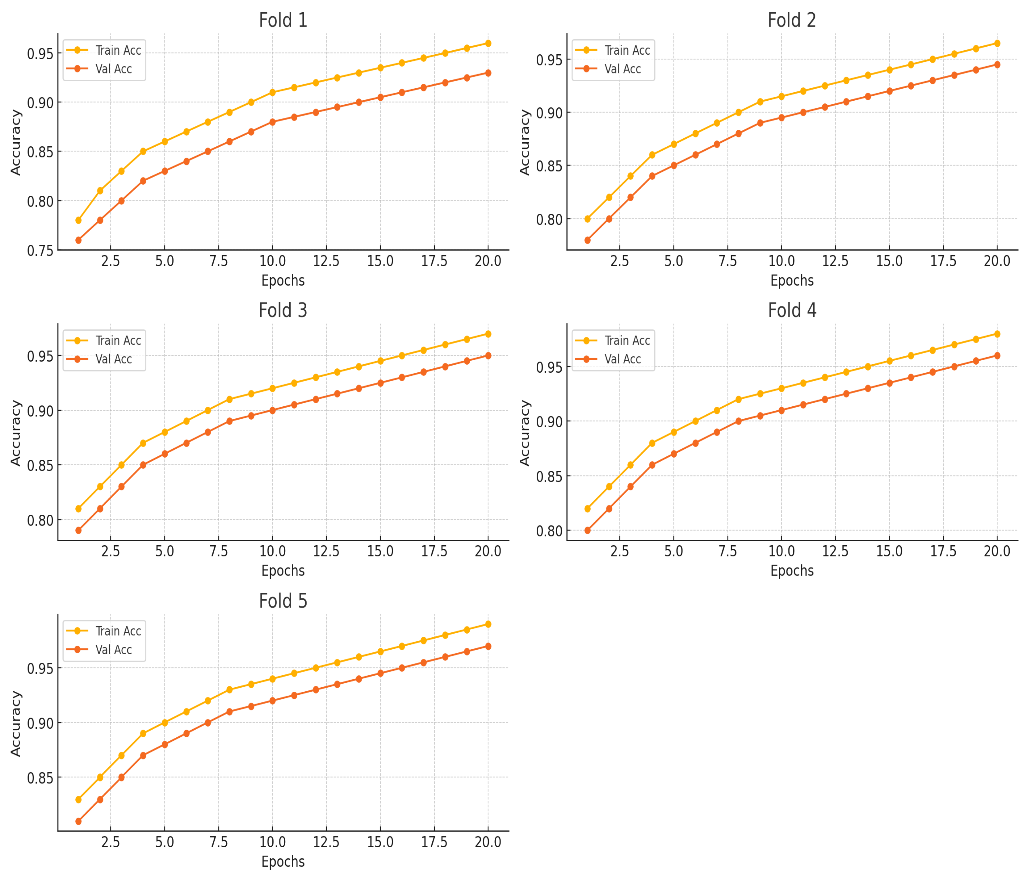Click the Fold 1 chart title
point(283,20)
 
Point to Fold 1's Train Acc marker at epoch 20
point(488,44)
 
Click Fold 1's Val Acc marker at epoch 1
point(78,240)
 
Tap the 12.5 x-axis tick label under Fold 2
point(835,261)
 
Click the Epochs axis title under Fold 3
point(283,571)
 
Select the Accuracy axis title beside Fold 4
point(524,433)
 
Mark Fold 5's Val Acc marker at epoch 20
point(488,646)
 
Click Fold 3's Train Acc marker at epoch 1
point(78,509)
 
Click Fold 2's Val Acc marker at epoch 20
point(997,65)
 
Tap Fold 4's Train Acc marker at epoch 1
point(587,509)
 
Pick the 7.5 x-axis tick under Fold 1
point(219,261)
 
